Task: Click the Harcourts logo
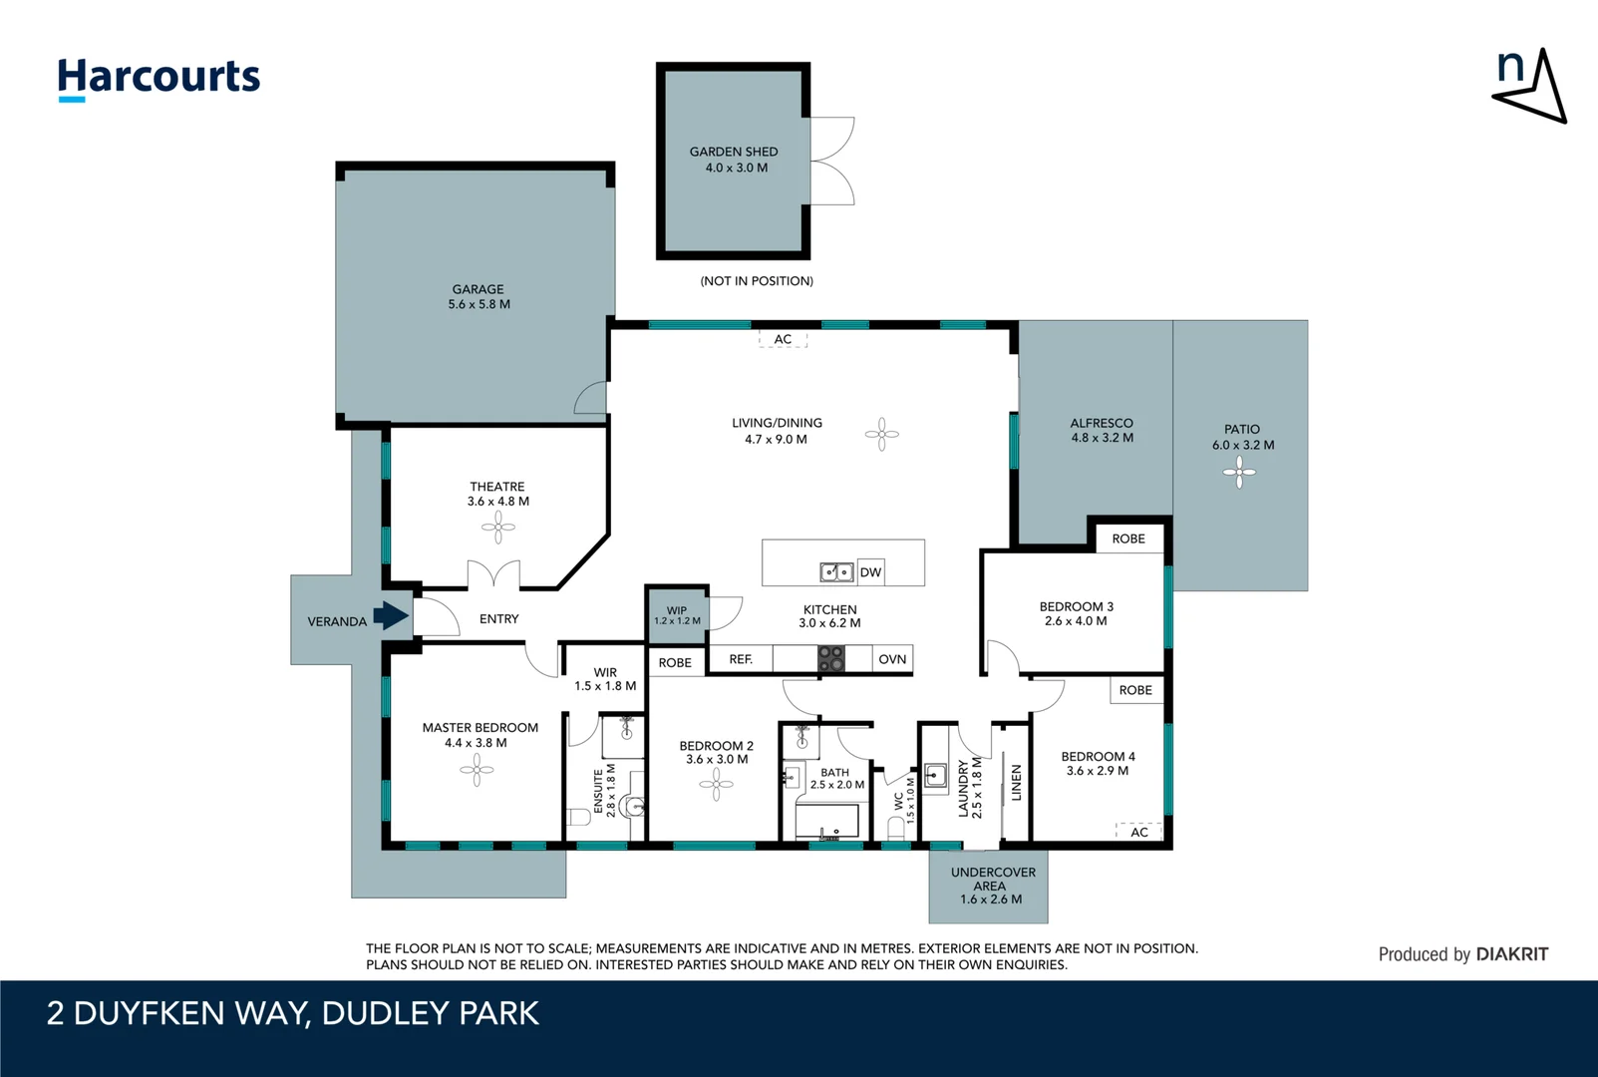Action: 159,78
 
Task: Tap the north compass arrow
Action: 1531,88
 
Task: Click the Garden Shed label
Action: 734,160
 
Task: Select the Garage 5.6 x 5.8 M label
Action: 479,297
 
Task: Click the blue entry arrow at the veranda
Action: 391,615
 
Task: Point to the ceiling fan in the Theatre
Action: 498,527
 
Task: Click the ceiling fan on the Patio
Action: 1239,472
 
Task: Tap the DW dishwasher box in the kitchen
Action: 870,572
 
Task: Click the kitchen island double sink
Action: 836,572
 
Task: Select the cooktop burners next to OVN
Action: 831,659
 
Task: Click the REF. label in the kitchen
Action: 741,659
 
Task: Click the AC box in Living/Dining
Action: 783,339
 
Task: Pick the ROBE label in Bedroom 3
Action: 1128,538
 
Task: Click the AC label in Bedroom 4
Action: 1139,832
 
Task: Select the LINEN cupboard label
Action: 1017,783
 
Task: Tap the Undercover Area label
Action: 992,886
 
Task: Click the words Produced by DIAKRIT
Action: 1462,954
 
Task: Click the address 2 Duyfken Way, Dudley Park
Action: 293,1013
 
